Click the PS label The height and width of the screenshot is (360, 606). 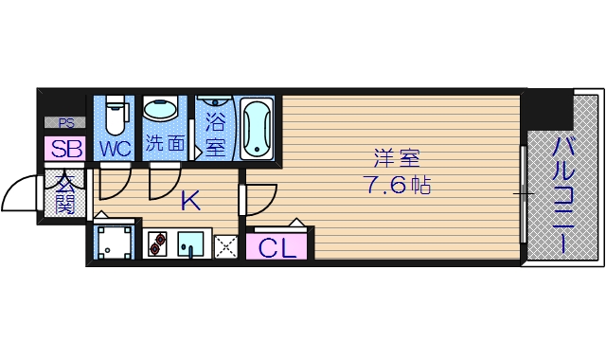64,122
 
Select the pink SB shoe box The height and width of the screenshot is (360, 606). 65,149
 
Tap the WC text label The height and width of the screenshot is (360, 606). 115,149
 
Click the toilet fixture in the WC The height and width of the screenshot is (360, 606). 115,117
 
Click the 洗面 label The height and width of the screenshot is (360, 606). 164,146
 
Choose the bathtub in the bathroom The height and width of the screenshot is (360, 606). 257,127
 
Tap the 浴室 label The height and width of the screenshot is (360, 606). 215,135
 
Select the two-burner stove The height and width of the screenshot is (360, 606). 157,243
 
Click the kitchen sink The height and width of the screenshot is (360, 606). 192,243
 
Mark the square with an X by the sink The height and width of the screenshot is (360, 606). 225,245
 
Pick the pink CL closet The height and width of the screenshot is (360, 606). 277,247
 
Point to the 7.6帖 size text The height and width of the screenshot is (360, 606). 396,185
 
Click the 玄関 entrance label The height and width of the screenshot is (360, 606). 64,191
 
